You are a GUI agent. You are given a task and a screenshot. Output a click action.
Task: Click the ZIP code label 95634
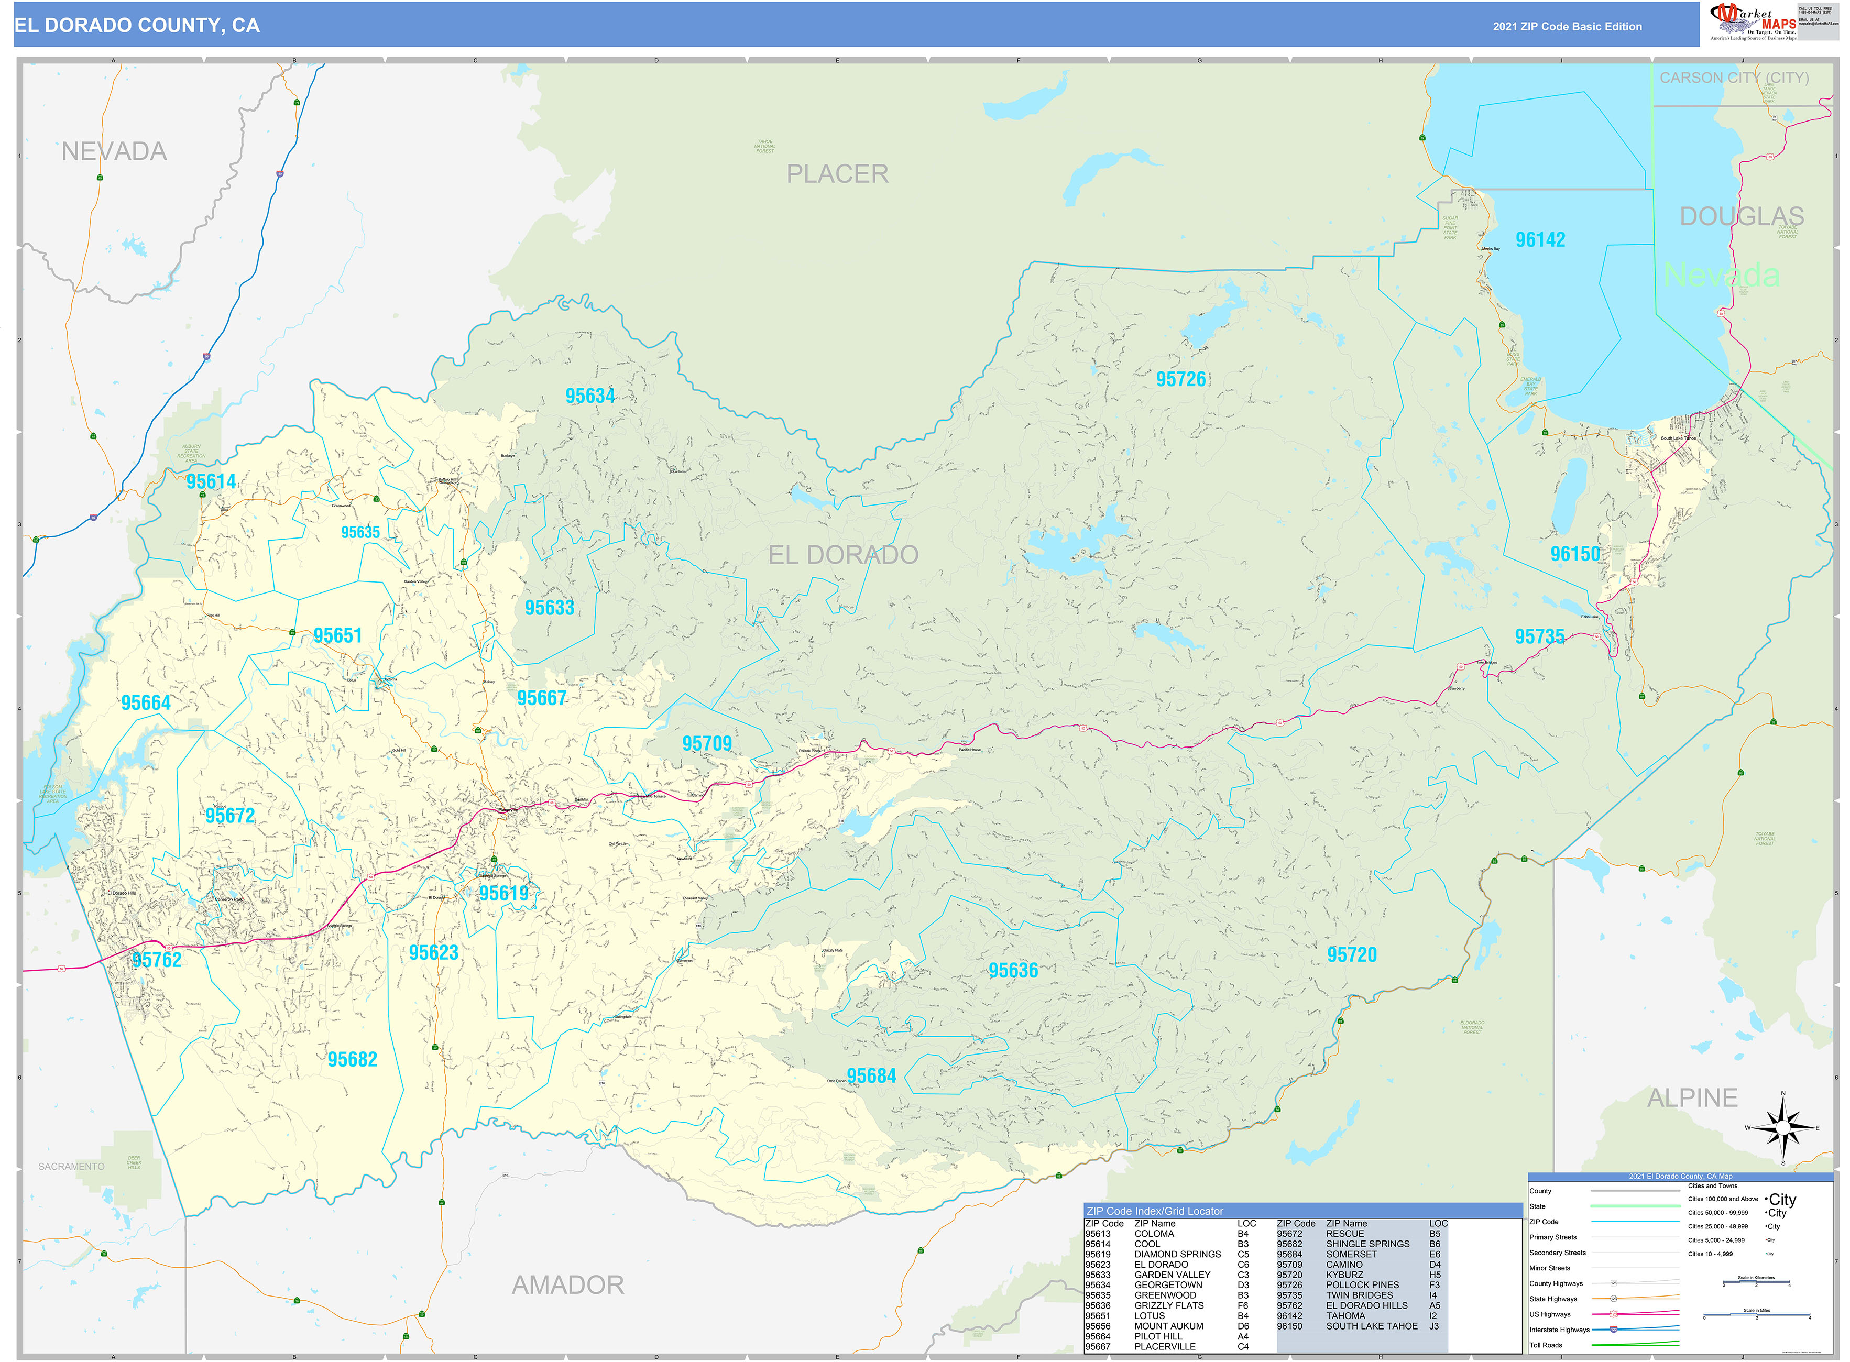click(x=589, y=396)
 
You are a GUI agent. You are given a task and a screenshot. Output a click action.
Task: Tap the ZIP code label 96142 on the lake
click(x=1539, y=240)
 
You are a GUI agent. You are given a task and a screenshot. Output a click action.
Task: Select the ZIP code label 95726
click(x=1180, y=379)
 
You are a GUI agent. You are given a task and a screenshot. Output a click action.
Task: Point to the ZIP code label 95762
click(x=157, y=960)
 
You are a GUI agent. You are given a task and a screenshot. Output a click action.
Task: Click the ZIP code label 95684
click(x=871, y=1076)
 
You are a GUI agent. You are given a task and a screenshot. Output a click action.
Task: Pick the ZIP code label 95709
click(x=707, y=744)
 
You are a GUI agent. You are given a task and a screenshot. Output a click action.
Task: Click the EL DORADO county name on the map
click(x=842, y=555)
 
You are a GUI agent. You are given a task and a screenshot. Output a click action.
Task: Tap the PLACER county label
click(x=837, y=174)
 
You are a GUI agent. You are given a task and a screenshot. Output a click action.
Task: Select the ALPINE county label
click(x=1692, y=1097)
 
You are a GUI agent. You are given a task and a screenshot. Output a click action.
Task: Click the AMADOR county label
click(x=567, y=1284)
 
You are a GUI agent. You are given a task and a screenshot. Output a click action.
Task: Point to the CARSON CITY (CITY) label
click(x=1734, y=78)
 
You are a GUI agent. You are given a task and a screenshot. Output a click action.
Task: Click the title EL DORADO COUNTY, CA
click(x=137, y=26)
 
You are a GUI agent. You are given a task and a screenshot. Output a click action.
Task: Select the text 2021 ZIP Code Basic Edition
click(x=1567, y=26)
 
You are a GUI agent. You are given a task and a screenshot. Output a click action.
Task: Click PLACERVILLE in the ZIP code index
click(x=1164, y=1346)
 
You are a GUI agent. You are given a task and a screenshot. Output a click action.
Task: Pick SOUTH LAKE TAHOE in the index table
click(x=1371, y=1326)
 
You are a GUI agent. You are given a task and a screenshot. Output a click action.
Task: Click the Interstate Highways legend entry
click(x=1559, y=1329)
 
